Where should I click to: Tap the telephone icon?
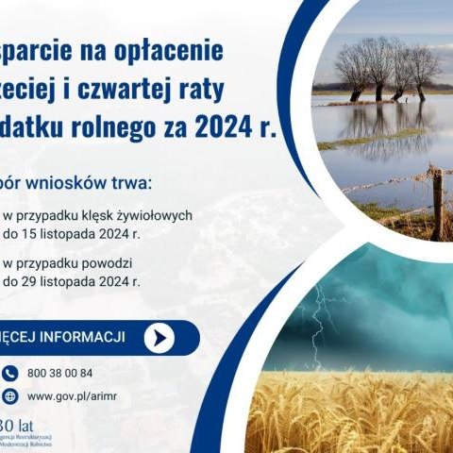(10, 372)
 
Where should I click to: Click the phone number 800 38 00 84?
(61, 373)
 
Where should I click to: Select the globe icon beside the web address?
(10, 395)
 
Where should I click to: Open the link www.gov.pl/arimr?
(79, 396)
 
